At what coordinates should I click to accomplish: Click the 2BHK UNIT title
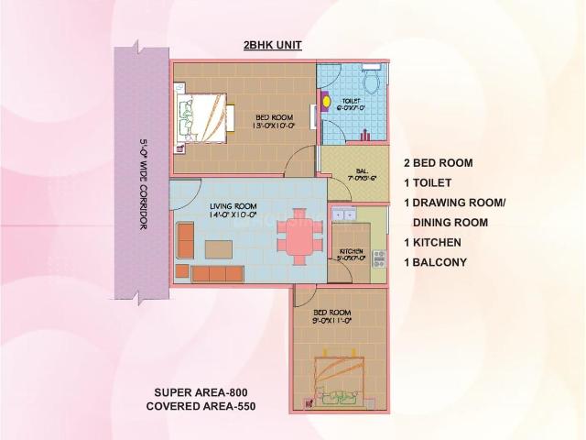tap(272, 45)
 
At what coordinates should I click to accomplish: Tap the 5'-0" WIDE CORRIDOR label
tap(144, 183)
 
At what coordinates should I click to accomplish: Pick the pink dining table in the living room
tap(299, 236)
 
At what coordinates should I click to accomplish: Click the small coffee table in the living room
tap(218, 248)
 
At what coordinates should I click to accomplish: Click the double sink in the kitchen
tap(343, 215)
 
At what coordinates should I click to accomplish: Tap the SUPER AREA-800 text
tap(199, 391)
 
